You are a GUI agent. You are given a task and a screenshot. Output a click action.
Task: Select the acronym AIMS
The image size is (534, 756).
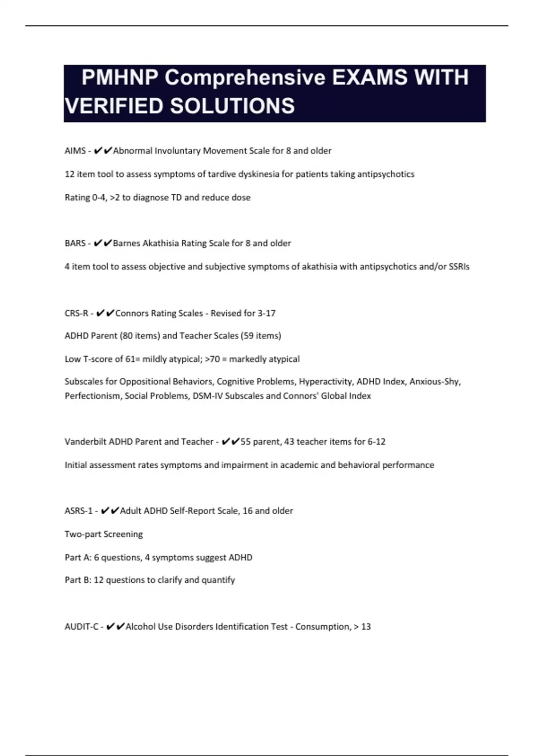pos(75,151)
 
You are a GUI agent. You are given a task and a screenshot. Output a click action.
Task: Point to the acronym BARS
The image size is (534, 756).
pos(75,243)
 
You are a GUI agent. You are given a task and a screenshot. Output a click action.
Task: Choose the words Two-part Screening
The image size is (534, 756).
pos(104,534)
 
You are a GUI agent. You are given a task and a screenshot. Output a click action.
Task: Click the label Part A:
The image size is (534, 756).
pos(78,558)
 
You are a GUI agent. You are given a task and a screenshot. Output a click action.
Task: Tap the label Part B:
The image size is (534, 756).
pos(78,580)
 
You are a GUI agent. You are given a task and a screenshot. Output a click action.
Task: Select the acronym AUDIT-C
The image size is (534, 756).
pos(81,627)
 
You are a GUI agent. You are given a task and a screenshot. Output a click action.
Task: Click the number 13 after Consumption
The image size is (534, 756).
pos(366,627)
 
